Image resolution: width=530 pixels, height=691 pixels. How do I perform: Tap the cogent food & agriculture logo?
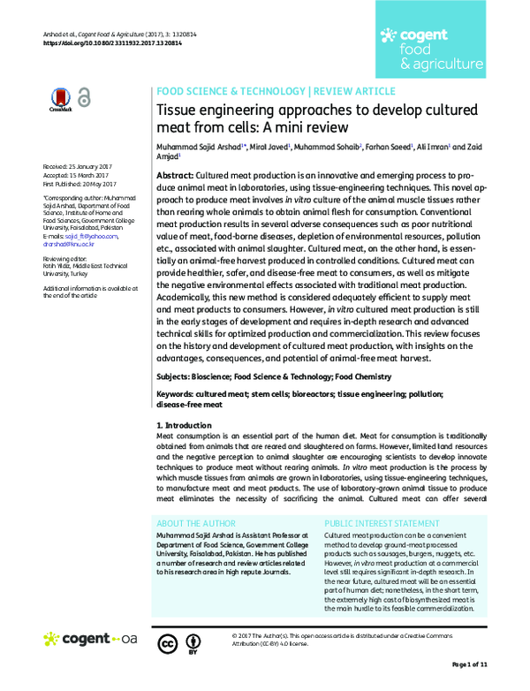click(430, 49)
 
